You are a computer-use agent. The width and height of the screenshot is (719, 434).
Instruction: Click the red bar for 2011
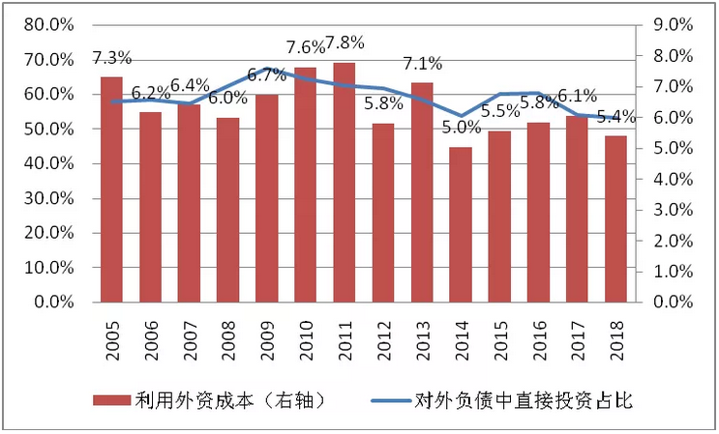pyautogui.click(x=345, y=183)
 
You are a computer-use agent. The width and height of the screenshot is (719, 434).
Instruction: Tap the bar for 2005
pyautogui.click(x=112, y=189)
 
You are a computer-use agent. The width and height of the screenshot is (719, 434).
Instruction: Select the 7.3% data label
pyautogui.click(x=112, y=58)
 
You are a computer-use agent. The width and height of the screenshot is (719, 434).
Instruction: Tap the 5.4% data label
pyautogui.click(x=615, y=117)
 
